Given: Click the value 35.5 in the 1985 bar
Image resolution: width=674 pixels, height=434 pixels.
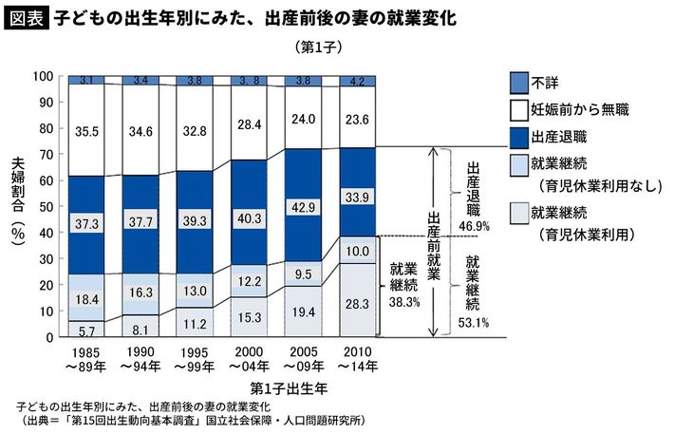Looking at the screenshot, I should tap(86, 131).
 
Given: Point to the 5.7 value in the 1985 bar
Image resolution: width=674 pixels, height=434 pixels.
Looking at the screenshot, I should tap(86, 330).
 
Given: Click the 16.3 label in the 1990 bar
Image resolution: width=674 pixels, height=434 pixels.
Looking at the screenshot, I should tap(140, 293).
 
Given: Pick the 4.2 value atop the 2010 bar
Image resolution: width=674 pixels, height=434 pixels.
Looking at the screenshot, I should tap(359, 82).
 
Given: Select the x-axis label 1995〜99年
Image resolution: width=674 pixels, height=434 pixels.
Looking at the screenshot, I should tap(194, 359).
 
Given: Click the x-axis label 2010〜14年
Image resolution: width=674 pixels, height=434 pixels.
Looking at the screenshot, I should tap(358, 359).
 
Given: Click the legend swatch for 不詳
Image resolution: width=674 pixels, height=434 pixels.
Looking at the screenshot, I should tap(518, 81).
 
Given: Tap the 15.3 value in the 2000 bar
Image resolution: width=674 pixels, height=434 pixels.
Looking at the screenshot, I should tap(249, 316).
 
